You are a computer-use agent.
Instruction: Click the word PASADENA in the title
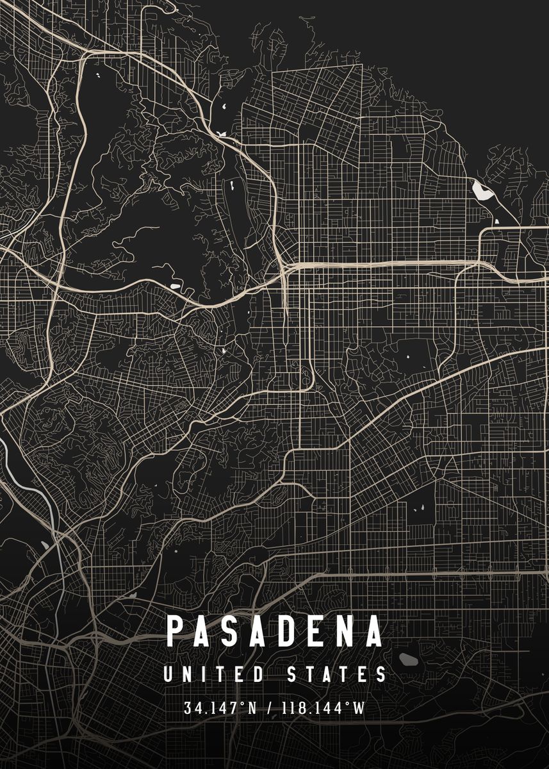coord(275,631)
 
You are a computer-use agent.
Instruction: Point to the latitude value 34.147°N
coord(220,708)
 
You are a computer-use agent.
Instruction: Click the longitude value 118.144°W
coord(322,708)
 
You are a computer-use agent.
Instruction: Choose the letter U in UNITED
coord(168,675)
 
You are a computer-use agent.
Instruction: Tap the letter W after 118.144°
coord(360,708)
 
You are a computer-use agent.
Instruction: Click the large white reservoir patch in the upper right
coord(480,190)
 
